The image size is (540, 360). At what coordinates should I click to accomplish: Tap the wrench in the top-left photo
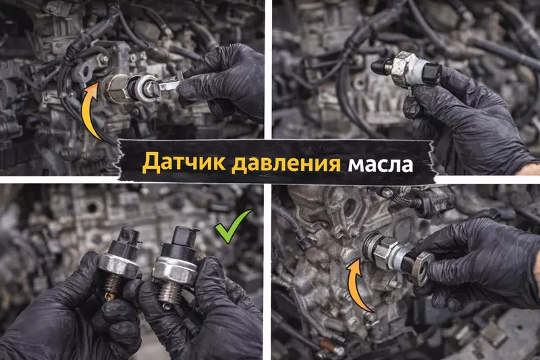coord(165,85)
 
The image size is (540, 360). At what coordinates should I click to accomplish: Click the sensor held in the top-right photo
coord(408,68)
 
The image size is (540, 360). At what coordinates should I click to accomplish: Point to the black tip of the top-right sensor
coord(379,66)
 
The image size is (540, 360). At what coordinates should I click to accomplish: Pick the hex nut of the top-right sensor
coord(405,67)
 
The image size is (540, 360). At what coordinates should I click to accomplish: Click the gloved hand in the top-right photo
coord(466,118)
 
